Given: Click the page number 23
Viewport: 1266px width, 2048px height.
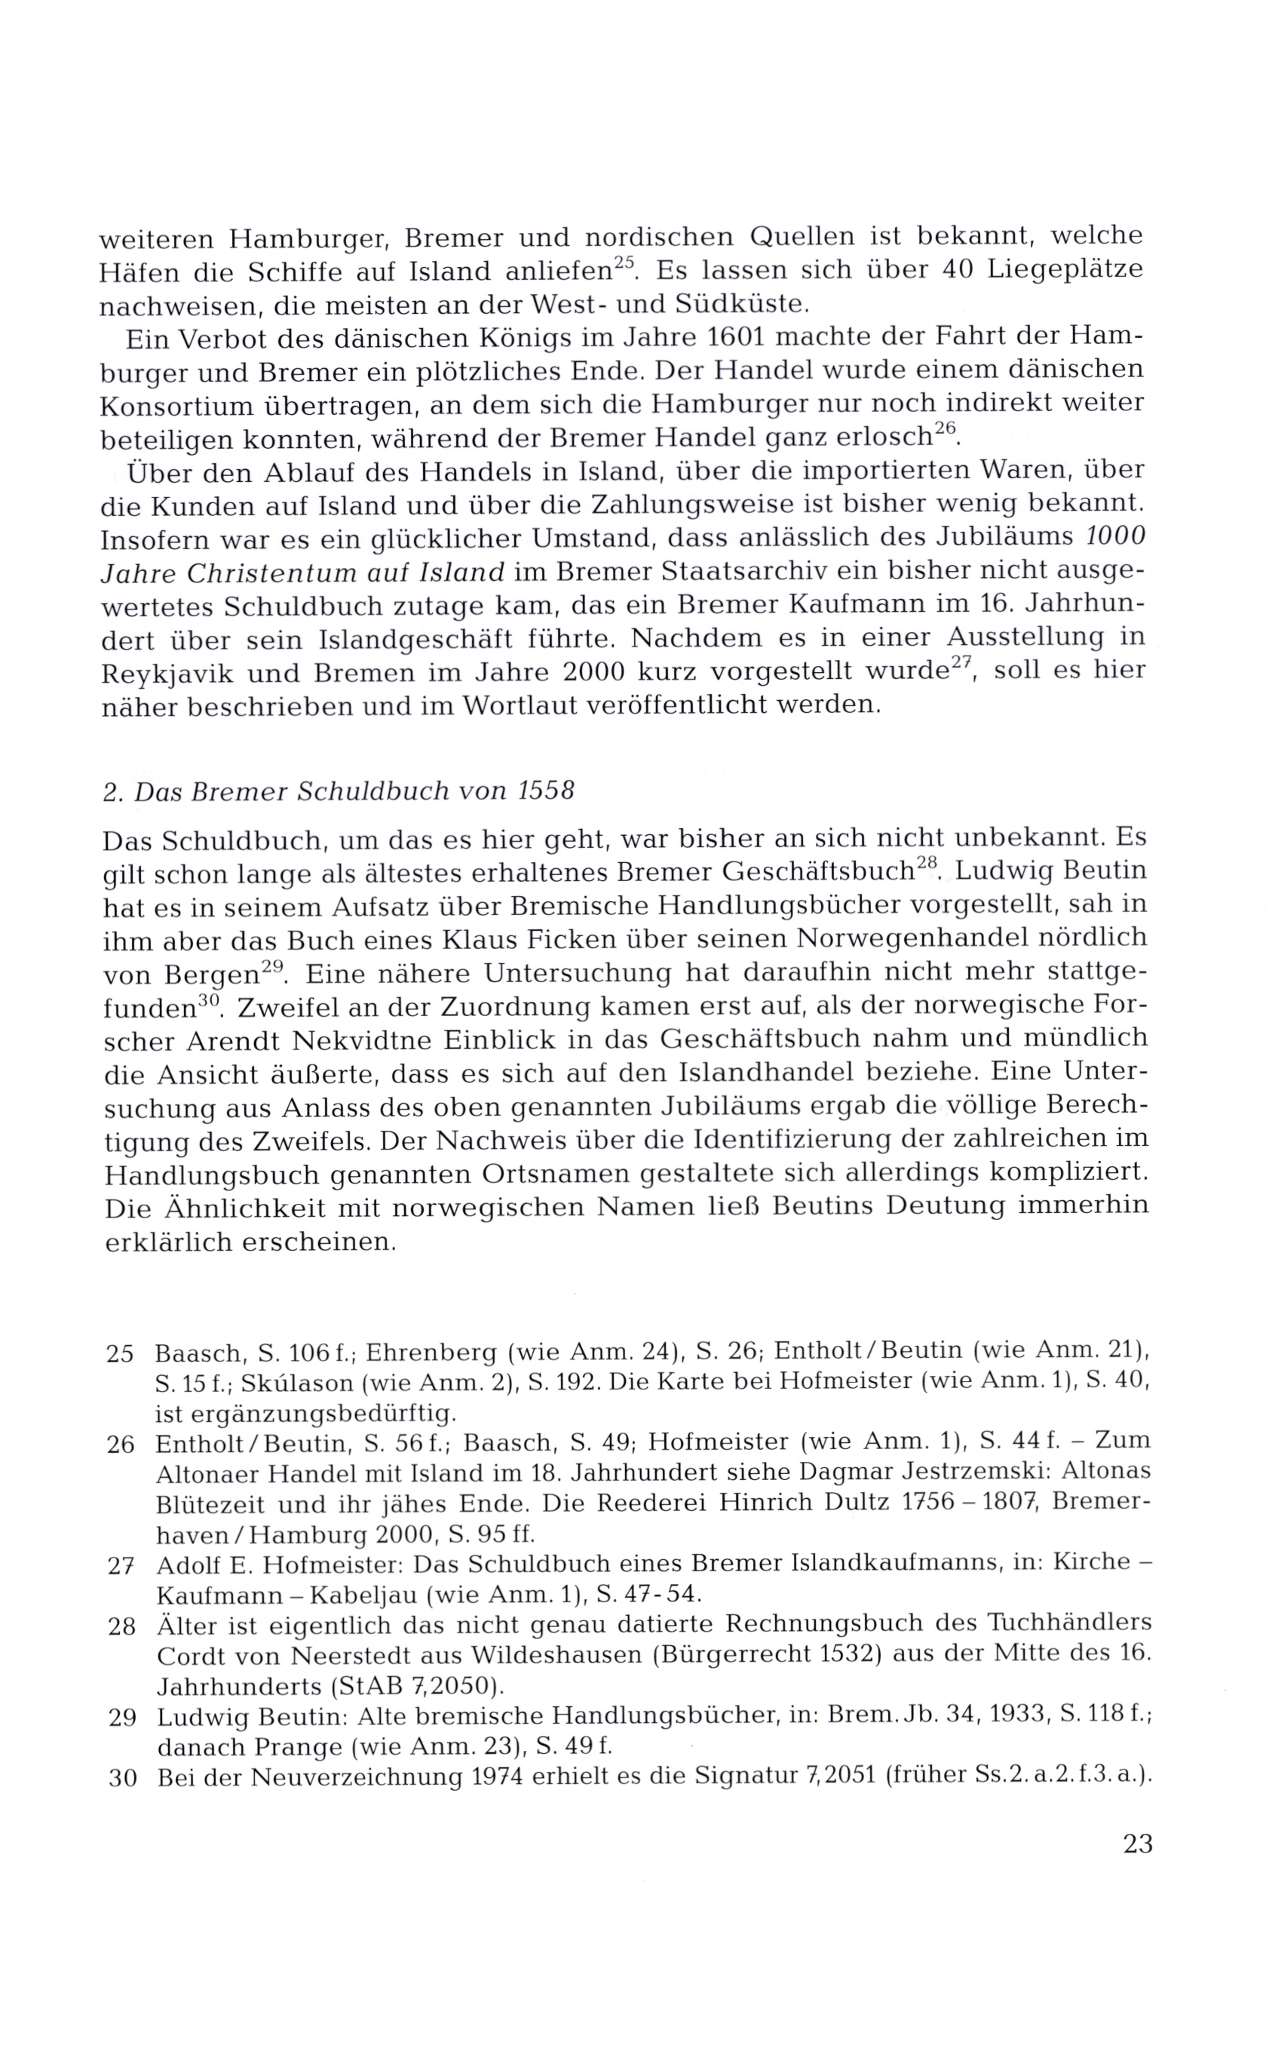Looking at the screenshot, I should (1138, 1844).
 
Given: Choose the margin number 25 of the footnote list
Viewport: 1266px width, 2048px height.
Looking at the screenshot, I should (121, 1353).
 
